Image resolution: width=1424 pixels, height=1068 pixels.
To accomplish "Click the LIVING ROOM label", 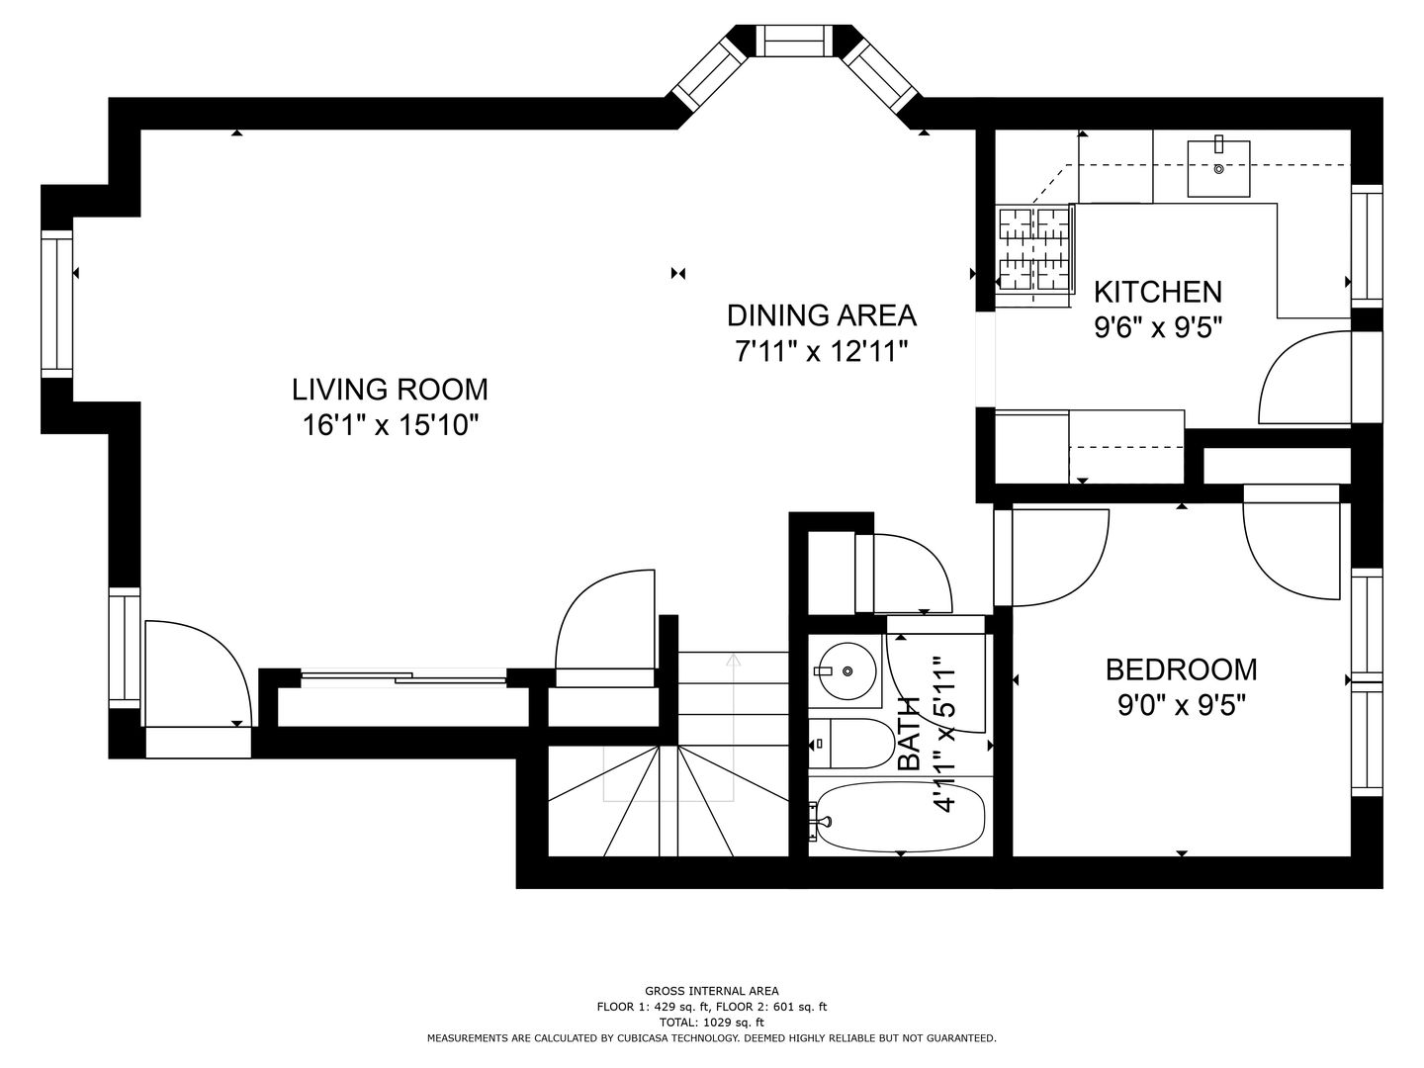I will pyautogui.click(x=390, y=389).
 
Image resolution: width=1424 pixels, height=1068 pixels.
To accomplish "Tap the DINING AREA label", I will pyautogui.click(x=821, y=315).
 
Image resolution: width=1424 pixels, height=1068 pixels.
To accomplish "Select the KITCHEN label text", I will pyautogui.click(x=1157, y=292).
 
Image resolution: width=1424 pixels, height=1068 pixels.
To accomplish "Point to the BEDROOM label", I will pyautogui.click(x=1181, y=669).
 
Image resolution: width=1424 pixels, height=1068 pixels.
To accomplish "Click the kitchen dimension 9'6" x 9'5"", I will pyautogui.click(x=1158, y=327).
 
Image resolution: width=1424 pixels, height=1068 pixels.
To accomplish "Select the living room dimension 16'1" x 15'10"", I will pyautogui.click(x=390, y=425).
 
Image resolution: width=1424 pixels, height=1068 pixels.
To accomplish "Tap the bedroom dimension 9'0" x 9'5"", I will pyautogui.click(x=1181, y=705).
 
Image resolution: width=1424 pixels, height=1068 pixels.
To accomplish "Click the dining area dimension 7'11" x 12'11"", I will pyautogui.click(x=821, y=351).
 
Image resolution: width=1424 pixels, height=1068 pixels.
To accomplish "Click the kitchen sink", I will pyautogui.click(x=1217, y=168).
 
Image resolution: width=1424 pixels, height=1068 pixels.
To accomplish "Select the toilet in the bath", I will pyautogui.click(x=848, y=744).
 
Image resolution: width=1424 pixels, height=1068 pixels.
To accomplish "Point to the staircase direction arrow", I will pyautogui.click(x=733, y=661).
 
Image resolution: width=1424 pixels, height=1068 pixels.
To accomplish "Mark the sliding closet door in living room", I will pyautogui.click(x=403, y=677).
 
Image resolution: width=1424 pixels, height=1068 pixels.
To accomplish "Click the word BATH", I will pyautogui.click(x=909, y=734).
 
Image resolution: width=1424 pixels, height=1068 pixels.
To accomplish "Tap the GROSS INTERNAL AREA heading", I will pyautogui.click(x=711, y=990).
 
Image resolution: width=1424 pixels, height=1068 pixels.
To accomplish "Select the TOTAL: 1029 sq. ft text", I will pyautogui.click(x=711, y=1022).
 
